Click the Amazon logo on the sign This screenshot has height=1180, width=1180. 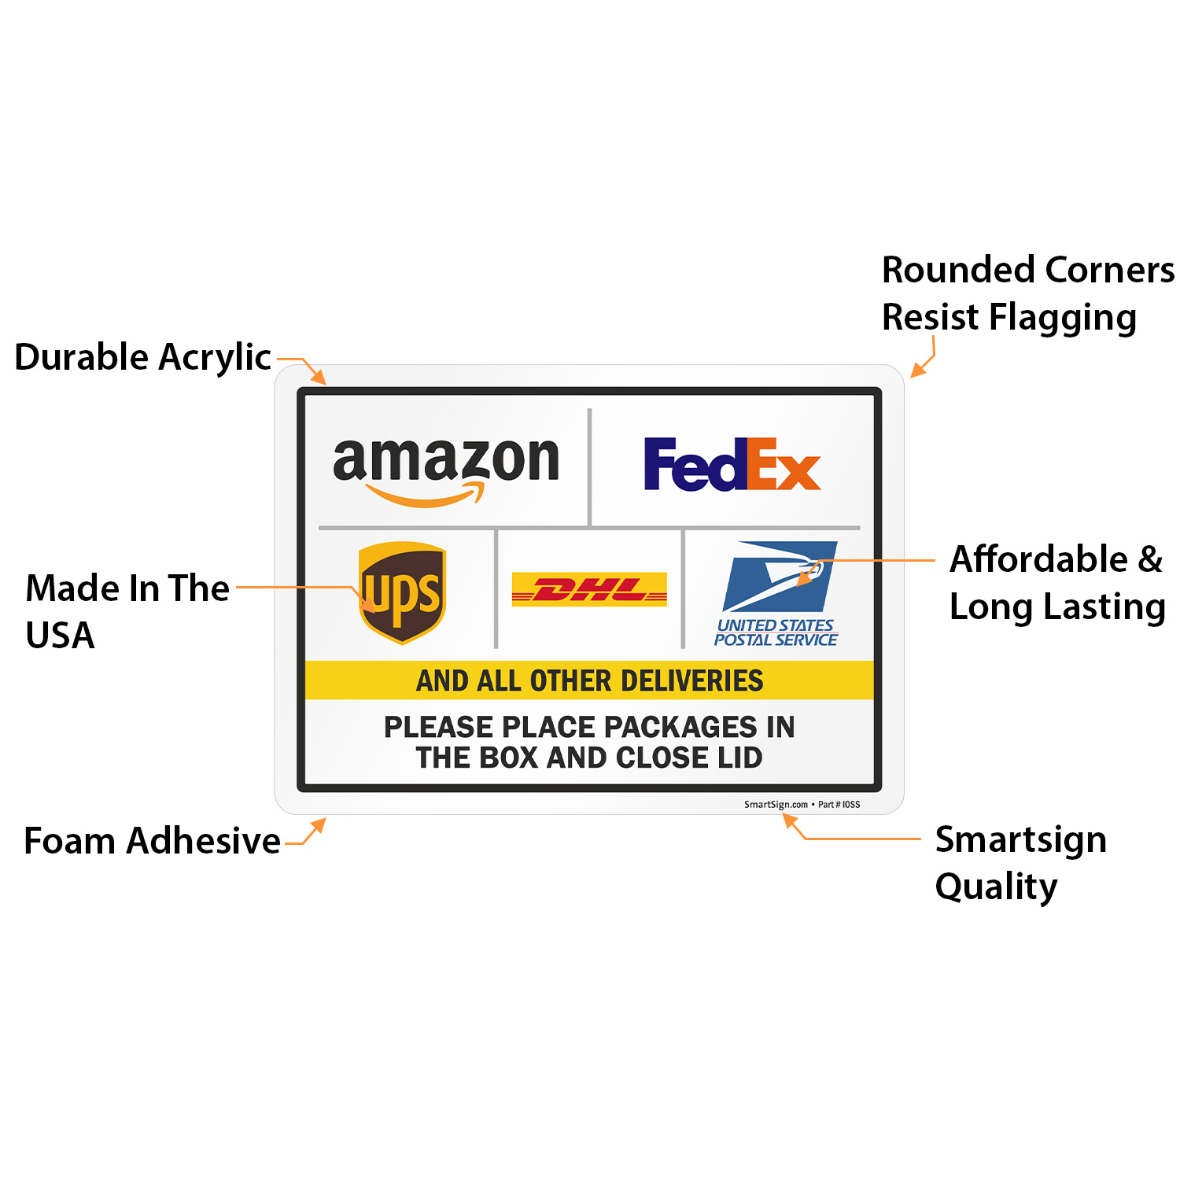(446, 469)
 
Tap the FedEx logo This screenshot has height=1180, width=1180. (732, 465)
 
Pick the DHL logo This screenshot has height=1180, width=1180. (589, 589)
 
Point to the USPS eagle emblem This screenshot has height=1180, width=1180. (779, 576)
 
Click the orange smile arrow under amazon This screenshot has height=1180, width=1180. (426, 496)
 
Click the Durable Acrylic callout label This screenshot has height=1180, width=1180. (143, 357)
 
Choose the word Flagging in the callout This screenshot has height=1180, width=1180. (1063, 318)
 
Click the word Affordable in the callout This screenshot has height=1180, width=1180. (1038, 559)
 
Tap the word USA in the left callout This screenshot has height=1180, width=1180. (61, 636)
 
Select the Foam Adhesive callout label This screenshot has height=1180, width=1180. (152, 841)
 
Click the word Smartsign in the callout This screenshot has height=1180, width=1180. (1020, 839)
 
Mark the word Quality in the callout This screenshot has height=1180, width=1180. (996, 887)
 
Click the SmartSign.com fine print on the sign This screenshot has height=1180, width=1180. (776, 805)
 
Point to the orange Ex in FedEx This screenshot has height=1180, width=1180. (784, 465)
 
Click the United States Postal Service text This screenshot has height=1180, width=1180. (776, 632)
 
